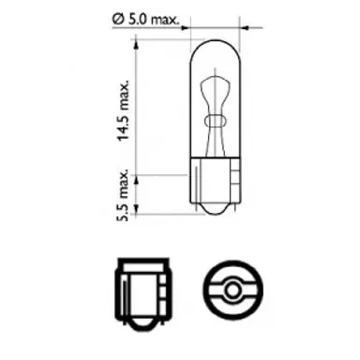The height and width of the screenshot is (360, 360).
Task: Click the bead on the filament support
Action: (x=214, y=120)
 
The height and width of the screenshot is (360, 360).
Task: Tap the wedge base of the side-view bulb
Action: (x=214, y=192)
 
